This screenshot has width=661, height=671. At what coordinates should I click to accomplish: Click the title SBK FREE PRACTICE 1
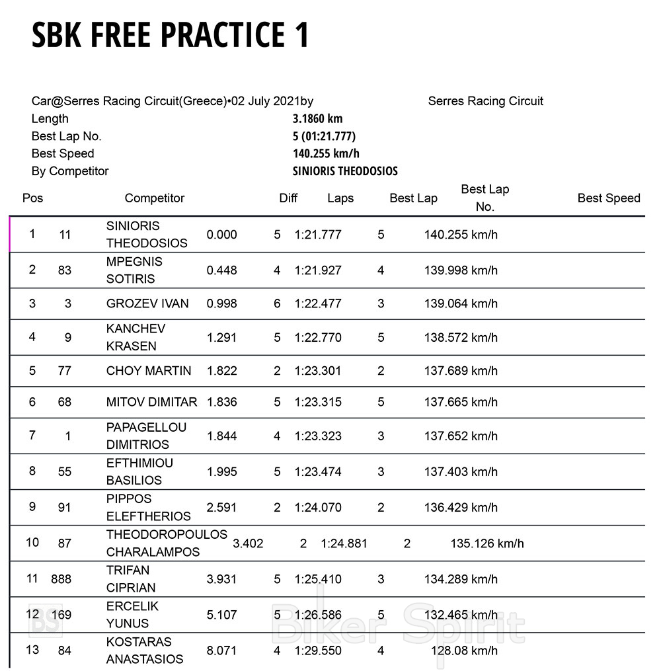(x=171, y=35)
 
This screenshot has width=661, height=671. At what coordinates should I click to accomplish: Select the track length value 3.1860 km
(x=317, y=119)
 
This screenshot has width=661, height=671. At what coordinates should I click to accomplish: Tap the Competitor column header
(x=155, y=198)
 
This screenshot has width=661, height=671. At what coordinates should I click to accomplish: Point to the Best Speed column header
(x=609, y=198)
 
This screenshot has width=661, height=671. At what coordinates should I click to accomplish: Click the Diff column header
(x=288, y=198)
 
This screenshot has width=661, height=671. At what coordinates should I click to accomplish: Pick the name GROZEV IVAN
(x=147, y=304)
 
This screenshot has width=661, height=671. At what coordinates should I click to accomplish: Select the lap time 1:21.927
(x=318, y=270)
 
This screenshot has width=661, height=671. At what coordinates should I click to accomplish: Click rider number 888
(x=61, y=579)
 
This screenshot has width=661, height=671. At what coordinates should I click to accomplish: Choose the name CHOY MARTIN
(x=149, y=371)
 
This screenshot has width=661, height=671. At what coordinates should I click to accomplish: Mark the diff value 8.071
(x=221, y=651)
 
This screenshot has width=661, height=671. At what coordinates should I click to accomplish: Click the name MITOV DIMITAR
(x=151, y=402)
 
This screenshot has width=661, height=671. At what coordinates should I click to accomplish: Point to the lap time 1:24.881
(x=344, y=543)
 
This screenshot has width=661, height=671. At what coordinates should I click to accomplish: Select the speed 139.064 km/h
(x=461, y=304)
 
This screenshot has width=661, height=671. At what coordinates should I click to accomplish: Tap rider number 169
(x=61, y=615)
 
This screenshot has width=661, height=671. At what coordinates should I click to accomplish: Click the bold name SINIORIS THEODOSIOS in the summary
(x=345, y=171)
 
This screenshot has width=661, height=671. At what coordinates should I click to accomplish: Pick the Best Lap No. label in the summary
(x=66, y=136)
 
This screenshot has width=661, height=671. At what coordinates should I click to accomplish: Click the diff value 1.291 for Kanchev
(x=221, y=338)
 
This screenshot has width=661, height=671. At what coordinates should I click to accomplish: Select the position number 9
(x=32, y=507)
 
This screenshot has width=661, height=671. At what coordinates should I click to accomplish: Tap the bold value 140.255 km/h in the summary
(x=326, y=154)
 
